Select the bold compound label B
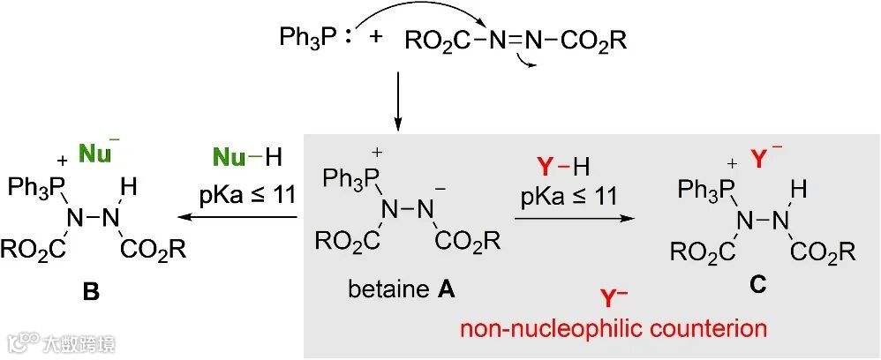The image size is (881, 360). [x=92, y=288]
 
